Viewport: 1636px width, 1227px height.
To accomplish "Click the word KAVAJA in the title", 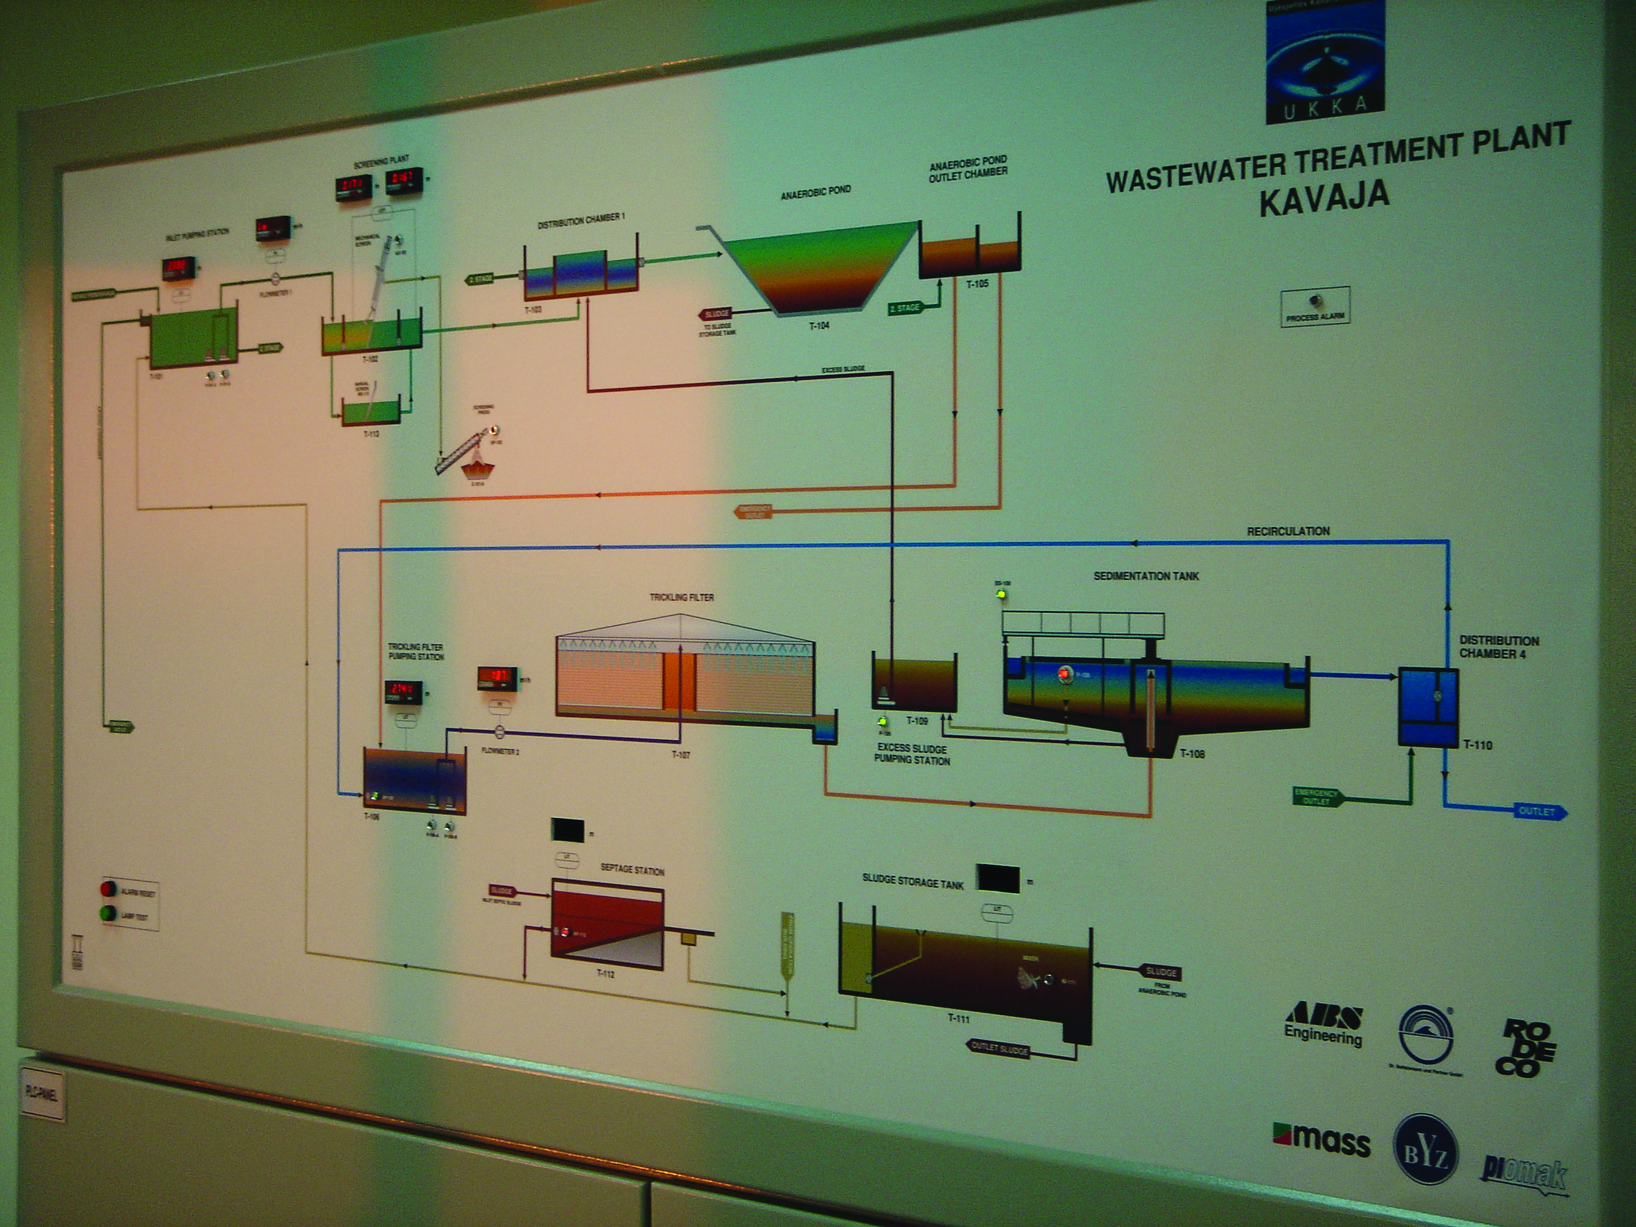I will (1324, 199).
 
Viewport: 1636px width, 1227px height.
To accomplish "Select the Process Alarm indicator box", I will (1315, 305).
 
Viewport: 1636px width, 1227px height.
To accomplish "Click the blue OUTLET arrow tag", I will (1538, 811).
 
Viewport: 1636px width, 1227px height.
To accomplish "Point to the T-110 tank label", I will (1478, 745).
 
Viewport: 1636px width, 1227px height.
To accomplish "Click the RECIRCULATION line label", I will (1288, 531).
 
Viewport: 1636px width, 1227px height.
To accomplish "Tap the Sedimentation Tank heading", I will (1146, 576).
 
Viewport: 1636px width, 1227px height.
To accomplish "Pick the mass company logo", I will (1322, 1139).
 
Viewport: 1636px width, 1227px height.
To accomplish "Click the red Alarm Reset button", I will (109, 888).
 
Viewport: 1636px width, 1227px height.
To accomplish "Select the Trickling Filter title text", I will (681, 597).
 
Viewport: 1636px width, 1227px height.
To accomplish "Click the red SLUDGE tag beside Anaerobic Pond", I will (715, 314).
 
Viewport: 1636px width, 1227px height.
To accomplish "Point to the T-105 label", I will (977, 283).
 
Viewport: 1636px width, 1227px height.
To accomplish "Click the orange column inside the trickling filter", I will (679, 680).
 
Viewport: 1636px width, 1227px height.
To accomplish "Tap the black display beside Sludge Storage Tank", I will (998, 878).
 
